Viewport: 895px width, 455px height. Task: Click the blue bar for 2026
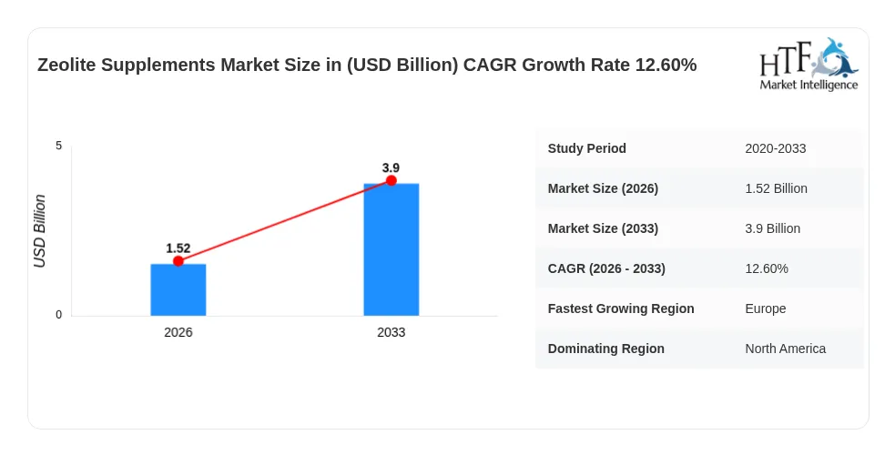(178, 289)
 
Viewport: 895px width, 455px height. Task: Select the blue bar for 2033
(391, 249)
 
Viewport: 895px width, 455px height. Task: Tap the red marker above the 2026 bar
(178, 261)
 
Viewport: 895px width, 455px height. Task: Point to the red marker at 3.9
(391, 181)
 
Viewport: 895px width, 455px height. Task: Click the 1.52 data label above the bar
(178, 248)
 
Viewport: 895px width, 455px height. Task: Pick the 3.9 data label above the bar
(391, 167)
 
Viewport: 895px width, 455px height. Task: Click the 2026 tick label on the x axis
(178, 332)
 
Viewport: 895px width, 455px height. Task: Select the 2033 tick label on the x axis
(391, 332)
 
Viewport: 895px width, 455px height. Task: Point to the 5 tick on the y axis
(59, 146)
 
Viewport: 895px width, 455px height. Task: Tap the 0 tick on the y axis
(59, 315)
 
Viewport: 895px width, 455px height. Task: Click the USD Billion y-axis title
(39, 231)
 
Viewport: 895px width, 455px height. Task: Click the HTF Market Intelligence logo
(809, 65)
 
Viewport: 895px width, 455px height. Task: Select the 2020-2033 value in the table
(775, 149)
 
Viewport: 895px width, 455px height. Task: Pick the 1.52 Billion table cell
(776, 188)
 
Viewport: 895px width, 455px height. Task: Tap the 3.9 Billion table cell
(772, 228)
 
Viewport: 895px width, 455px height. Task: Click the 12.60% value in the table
(767, 268)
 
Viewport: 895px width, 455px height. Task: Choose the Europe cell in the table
(766, 308)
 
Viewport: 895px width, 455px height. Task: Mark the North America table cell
(786, 349)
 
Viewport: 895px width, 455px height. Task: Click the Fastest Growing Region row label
(621, 308)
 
